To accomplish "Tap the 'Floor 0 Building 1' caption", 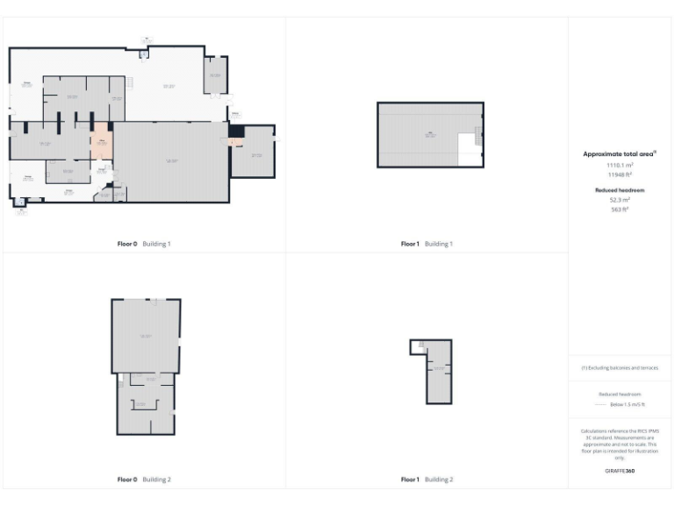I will [144, 244].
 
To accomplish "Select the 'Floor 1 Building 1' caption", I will [427, 244].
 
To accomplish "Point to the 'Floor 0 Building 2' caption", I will [144, 480].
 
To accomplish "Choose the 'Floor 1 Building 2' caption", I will [427, 480].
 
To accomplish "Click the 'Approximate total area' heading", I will [620, 153].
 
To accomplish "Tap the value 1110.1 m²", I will [620, 164].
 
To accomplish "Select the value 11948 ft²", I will [620, 174].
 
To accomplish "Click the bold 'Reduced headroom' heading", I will [620, 189].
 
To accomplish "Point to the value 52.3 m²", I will [620, 200].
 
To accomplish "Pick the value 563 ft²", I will [620, 209].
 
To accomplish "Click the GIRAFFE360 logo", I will [620, 472].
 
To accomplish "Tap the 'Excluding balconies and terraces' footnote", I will [620, 368].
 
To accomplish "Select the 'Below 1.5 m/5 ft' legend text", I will [627, 405].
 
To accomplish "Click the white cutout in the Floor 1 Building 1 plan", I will [470, 145].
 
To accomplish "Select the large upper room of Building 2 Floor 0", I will [146, 336].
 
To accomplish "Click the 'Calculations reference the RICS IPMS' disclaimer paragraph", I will [620, 445].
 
